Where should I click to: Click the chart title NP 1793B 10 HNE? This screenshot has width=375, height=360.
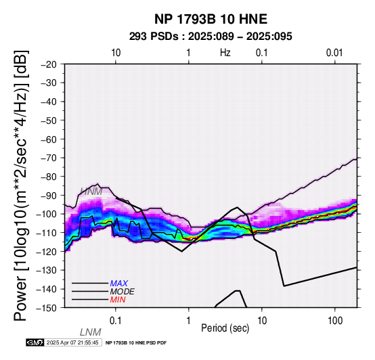[211, 19]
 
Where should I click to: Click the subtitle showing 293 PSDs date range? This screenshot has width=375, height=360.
[211, 37]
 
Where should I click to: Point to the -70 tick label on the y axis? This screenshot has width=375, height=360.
[48, 158]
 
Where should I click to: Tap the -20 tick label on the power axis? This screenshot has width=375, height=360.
[48, 64]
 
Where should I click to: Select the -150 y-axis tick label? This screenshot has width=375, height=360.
[46, 307]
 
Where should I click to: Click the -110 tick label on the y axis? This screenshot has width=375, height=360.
[46, 233]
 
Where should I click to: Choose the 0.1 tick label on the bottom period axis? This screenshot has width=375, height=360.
[116, 321]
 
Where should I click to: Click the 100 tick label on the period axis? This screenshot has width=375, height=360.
[335, 321]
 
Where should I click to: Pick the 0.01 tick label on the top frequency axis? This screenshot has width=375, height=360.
[334, 53]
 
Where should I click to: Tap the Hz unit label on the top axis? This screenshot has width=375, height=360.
[225, 53]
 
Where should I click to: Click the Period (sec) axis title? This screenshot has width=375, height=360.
[225, 328]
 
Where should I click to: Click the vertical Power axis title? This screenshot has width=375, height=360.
[21, 185]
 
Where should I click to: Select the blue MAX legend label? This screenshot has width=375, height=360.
[118, 284]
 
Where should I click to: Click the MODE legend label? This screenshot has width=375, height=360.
[123, 292]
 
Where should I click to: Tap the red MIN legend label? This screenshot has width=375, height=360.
[118, 300]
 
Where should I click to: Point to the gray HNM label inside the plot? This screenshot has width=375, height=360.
[91, 192]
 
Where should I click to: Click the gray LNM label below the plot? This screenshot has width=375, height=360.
[91, 332]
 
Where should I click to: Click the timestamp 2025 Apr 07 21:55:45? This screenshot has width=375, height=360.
[72, 343]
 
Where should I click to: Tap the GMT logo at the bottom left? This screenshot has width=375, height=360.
[35, 342]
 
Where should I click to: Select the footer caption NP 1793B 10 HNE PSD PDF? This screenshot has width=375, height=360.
[136, 343]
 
